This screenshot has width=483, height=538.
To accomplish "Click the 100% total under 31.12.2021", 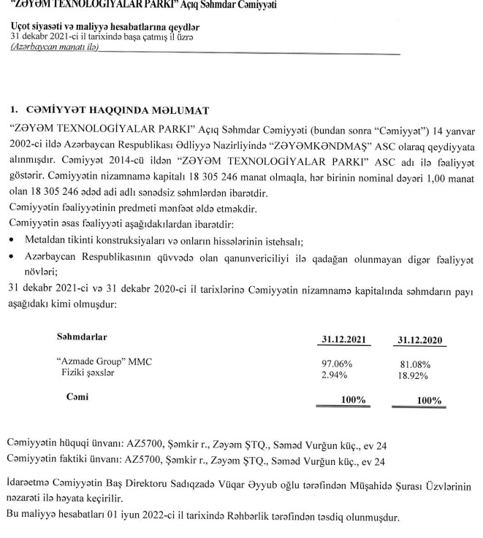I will point(353,399).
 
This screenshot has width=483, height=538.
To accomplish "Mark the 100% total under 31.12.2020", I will point(428,400).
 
